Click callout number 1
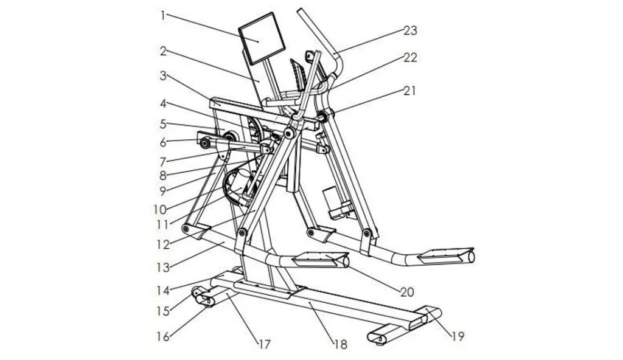(x=163, y=15)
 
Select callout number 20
(x=407, y=291)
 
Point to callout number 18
(x=341, y=345)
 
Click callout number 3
(x=163, y=75)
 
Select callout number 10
(x=160, y=209)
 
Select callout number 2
(x=163, y=51)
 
